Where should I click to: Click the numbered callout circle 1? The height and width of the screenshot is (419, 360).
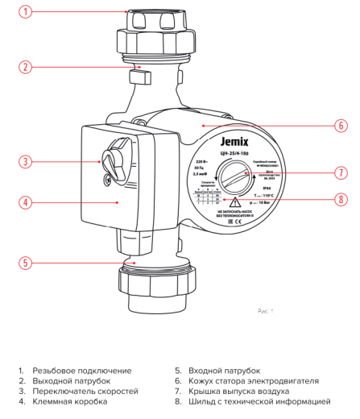(x=27, y=12)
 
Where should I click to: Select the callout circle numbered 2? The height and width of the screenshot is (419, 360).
(x=27, y=67)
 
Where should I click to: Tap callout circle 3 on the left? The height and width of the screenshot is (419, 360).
(x=27, y=162)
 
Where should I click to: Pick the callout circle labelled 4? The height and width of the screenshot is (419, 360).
(x=27, y=201)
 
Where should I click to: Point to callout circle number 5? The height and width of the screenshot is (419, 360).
(x=27, y=262)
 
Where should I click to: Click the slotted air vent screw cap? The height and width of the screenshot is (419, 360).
(x=235, y=174)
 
